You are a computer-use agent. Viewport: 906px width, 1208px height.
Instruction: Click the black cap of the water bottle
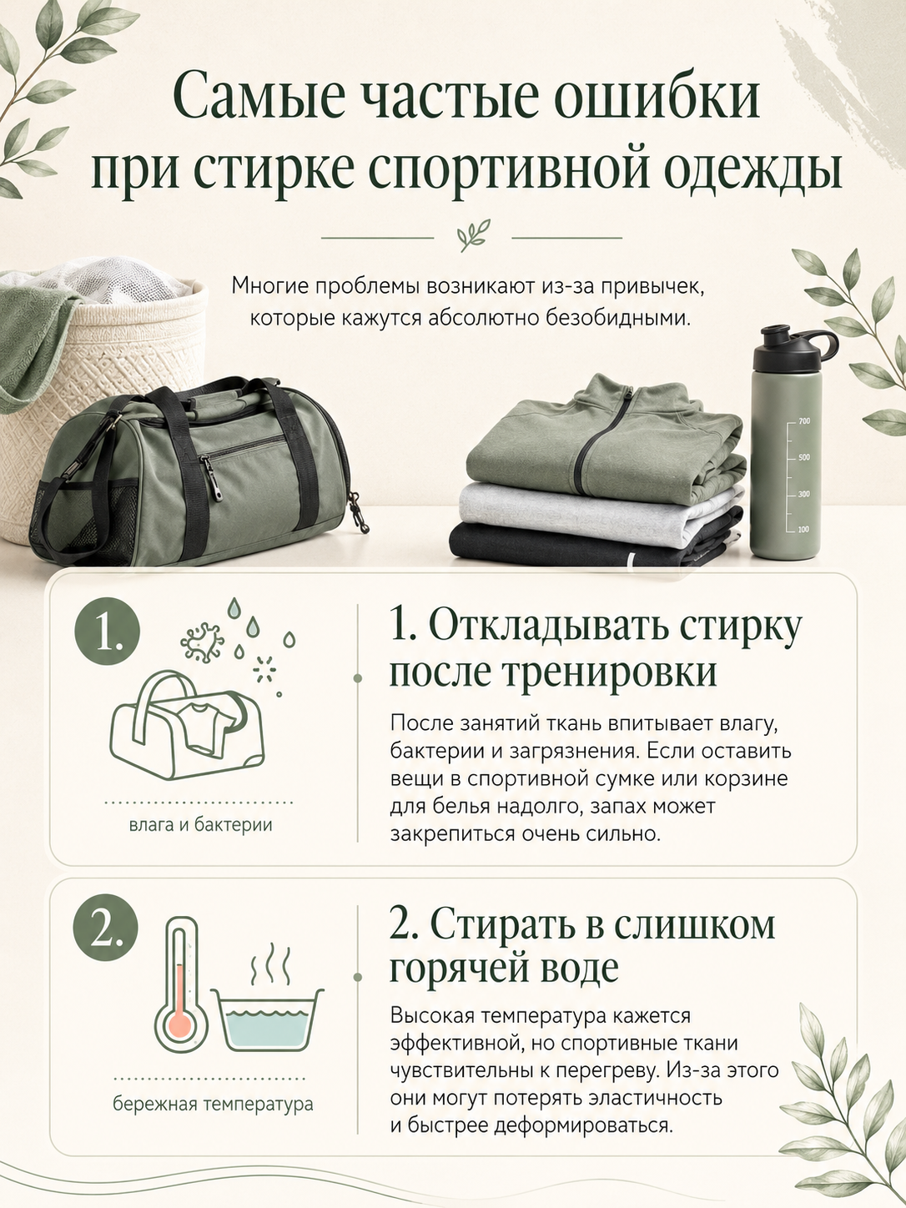(793, 350)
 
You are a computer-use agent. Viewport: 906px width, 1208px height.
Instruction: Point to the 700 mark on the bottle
(803, 421)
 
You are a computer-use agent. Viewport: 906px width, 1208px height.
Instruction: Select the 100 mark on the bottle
(803, 530)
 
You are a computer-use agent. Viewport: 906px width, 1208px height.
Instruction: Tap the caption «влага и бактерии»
(201, 825)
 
